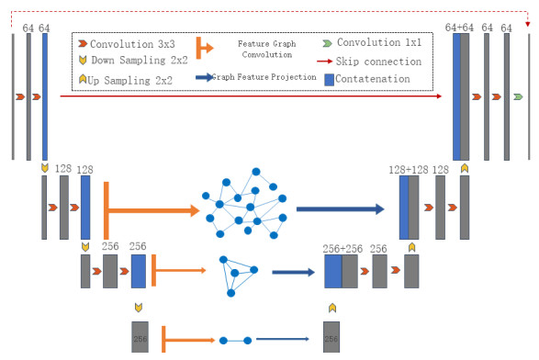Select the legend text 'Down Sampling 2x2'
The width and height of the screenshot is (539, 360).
tap(138, 62)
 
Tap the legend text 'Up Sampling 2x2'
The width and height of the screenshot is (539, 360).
tap(132, 80)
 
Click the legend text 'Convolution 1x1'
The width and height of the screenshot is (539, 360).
tap(379, 43)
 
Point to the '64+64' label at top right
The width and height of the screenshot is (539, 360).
tap(461, 29)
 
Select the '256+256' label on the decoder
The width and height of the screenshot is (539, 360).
tap(344, 248)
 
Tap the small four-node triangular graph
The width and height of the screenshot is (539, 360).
tap(239, 273)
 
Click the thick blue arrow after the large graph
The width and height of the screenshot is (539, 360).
tap(340, 209)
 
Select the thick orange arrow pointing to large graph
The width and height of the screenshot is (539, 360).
tap(152, 210)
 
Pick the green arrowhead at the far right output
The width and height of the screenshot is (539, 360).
tap(519, 96)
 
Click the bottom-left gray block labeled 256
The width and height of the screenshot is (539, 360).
tap(140, 336)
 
